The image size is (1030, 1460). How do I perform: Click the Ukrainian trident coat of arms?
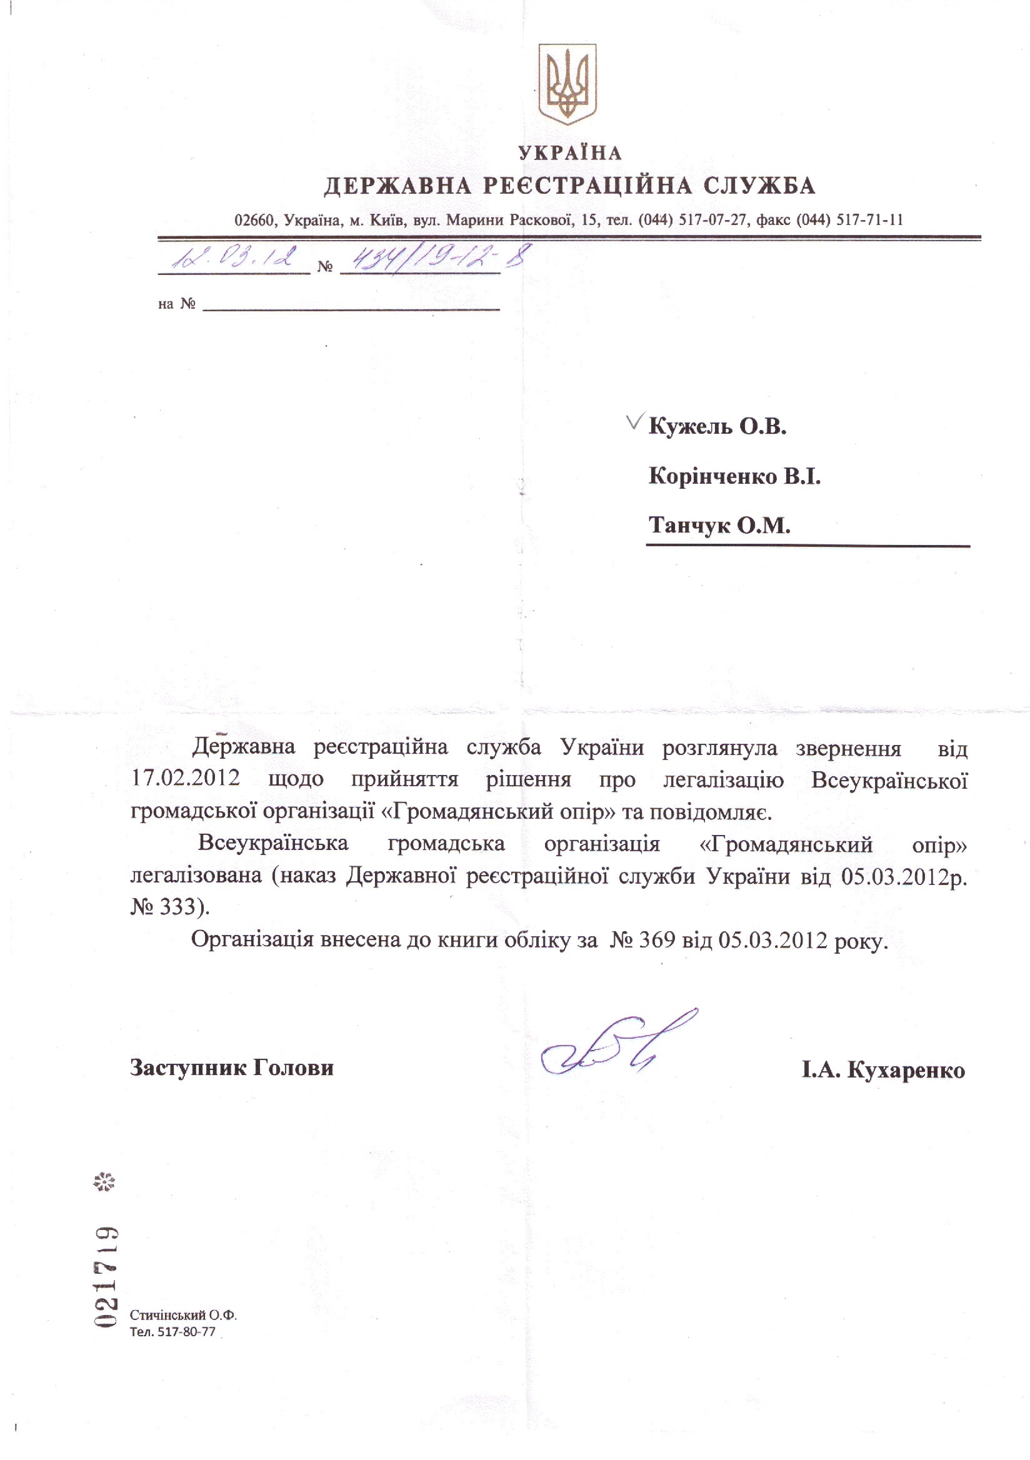coord(567,83)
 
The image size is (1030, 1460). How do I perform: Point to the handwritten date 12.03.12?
coord(234,258)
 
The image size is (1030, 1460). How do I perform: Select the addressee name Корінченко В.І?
coord(734,476)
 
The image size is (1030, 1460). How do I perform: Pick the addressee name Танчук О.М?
coord(719,525)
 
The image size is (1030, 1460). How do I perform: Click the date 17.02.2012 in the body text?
coord(186,777)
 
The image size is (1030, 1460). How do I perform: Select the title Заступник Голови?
coord(232,1066)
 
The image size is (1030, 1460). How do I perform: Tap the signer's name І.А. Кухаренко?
coord(883,1069)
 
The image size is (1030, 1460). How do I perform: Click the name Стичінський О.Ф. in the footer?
coord(183,1314)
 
